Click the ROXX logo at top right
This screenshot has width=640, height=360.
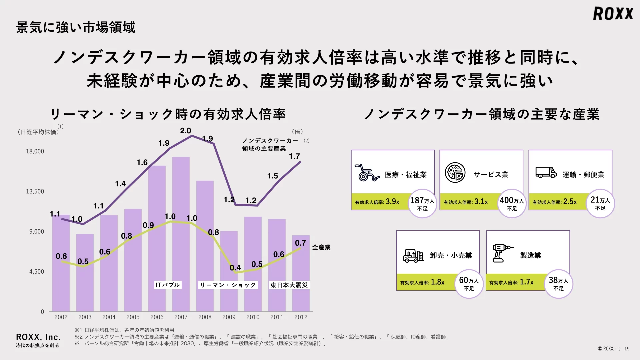click(x=613, y=14)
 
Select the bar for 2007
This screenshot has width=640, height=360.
click(x=181, y=233)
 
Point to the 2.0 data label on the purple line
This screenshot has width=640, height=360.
click(x=185, y=131)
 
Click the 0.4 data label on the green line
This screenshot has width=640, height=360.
click(x=235, y=268)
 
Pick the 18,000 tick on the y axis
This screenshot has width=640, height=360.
click(x=35, y=151)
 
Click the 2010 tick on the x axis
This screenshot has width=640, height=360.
click(x=253, y=317)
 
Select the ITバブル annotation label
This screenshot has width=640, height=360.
click(x=168, y=285)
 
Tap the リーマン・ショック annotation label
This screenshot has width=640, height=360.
click(x=228, y=285)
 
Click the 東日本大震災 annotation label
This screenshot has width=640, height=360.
click(x=289, y=285)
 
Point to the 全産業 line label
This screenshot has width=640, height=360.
click(x=321, y=247)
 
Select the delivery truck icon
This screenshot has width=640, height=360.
click(x=546, y=172)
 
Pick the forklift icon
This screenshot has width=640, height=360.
click(x=413, y=255)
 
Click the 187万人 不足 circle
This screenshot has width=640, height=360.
click(x=422, y=204)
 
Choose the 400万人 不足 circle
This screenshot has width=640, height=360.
click(x=512, y=204)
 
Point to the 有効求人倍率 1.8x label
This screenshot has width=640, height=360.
click(x=422, y=282)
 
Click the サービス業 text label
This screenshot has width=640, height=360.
click(x=491, y=175)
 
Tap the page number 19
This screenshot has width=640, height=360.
click(x=627, y=349)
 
